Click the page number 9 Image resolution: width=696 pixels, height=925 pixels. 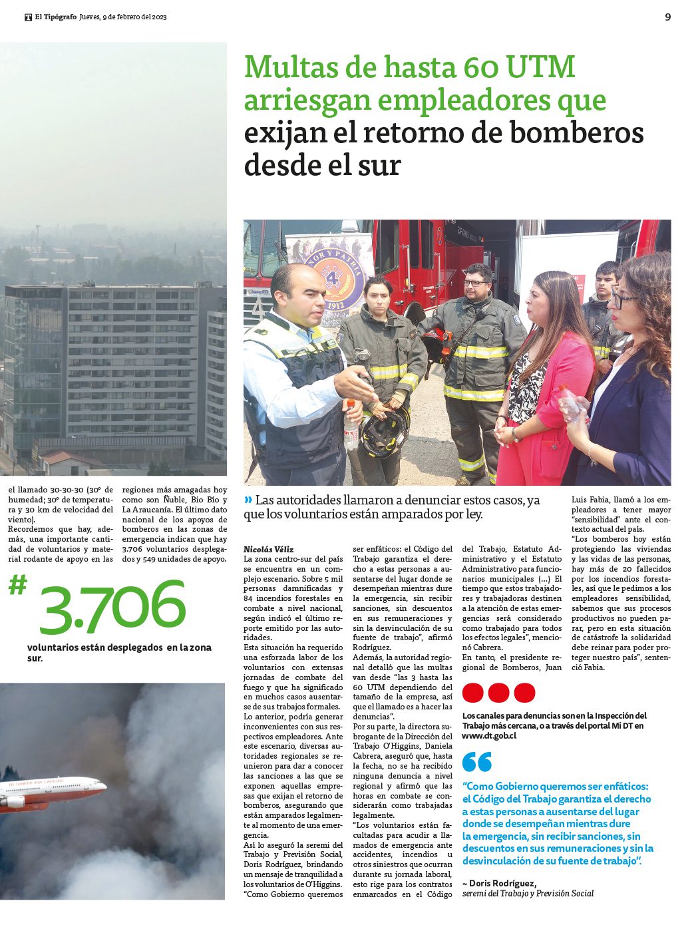tap(667, 17)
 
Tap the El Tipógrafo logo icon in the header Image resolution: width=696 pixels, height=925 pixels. tap(29, 17)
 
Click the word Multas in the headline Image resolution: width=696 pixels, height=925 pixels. tap(289, 68)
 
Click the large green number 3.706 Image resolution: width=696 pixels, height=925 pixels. tap(112, 608)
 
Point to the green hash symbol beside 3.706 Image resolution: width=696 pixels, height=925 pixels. tap(18, 586)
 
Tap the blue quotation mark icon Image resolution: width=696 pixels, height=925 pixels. tap(477, 761)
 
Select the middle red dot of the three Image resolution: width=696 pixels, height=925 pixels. tap(498, 693)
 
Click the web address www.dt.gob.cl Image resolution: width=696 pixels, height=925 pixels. tap(489, 735)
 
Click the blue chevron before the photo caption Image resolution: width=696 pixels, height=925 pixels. tap(248, 500)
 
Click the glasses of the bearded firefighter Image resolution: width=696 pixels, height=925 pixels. tap(474, 283)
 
